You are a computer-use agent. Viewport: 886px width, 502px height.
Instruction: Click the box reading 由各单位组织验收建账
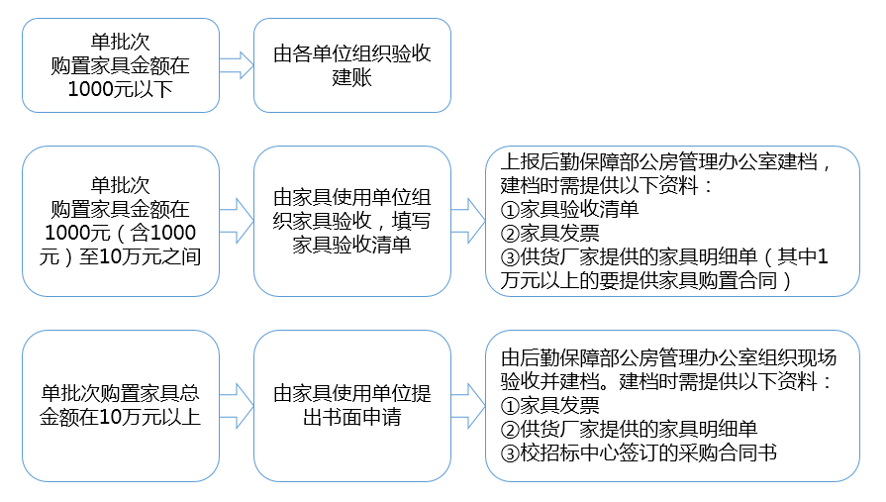coord(351,65)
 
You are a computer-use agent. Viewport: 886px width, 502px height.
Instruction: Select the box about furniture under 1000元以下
coord(120,65)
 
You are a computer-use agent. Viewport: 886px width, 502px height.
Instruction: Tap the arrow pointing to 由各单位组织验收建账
coord(237,65)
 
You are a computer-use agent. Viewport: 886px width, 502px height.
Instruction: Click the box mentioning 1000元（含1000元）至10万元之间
coord(120,221)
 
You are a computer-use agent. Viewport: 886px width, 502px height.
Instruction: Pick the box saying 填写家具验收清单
coord(351,221)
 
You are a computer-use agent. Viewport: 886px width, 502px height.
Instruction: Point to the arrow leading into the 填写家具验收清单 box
coord(237,221)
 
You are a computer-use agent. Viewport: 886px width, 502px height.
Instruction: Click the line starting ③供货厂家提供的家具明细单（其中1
coord(665,257)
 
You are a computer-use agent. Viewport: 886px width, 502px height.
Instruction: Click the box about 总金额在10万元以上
coord(120,405)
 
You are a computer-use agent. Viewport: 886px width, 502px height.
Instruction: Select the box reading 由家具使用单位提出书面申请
coord(351,405)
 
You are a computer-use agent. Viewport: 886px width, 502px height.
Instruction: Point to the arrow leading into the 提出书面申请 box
coord(237,405)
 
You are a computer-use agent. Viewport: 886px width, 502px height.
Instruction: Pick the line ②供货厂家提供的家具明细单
coord(629,429)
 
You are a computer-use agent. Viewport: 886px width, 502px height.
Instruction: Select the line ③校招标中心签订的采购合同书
coord(639,452)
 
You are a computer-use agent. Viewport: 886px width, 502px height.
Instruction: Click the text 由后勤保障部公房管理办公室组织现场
coord(669,357)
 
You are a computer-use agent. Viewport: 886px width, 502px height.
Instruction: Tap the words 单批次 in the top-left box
coord(120,42)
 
